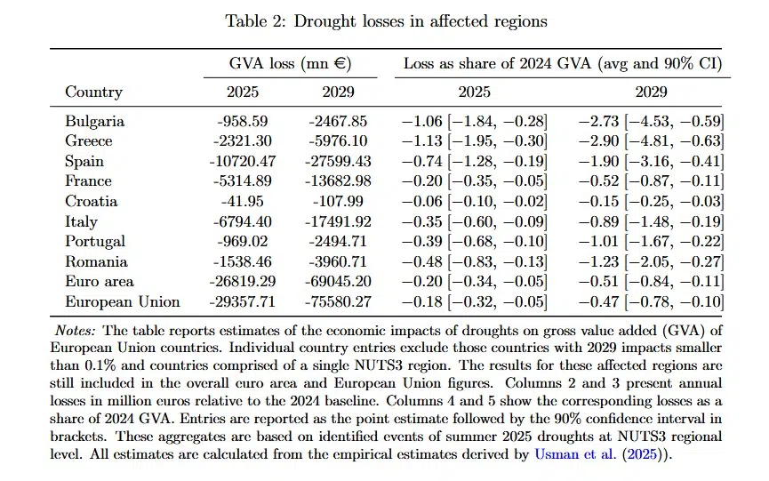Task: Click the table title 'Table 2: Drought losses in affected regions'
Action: pos(386,20)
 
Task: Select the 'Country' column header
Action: pos(93,92)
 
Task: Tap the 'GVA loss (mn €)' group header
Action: pos(291,64)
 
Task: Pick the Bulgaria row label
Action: pos(94,121)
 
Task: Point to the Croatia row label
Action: pos(92,201)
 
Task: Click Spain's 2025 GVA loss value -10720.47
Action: pos(243,161)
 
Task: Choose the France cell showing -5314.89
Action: pos(243,181)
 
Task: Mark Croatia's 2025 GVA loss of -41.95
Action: pos(243,201)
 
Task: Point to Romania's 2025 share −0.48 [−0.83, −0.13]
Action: pos(474,261)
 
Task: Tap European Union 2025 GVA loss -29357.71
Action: pos(243,301)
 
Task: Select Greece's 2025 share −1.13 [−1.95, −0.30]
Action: pos(474,141)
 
